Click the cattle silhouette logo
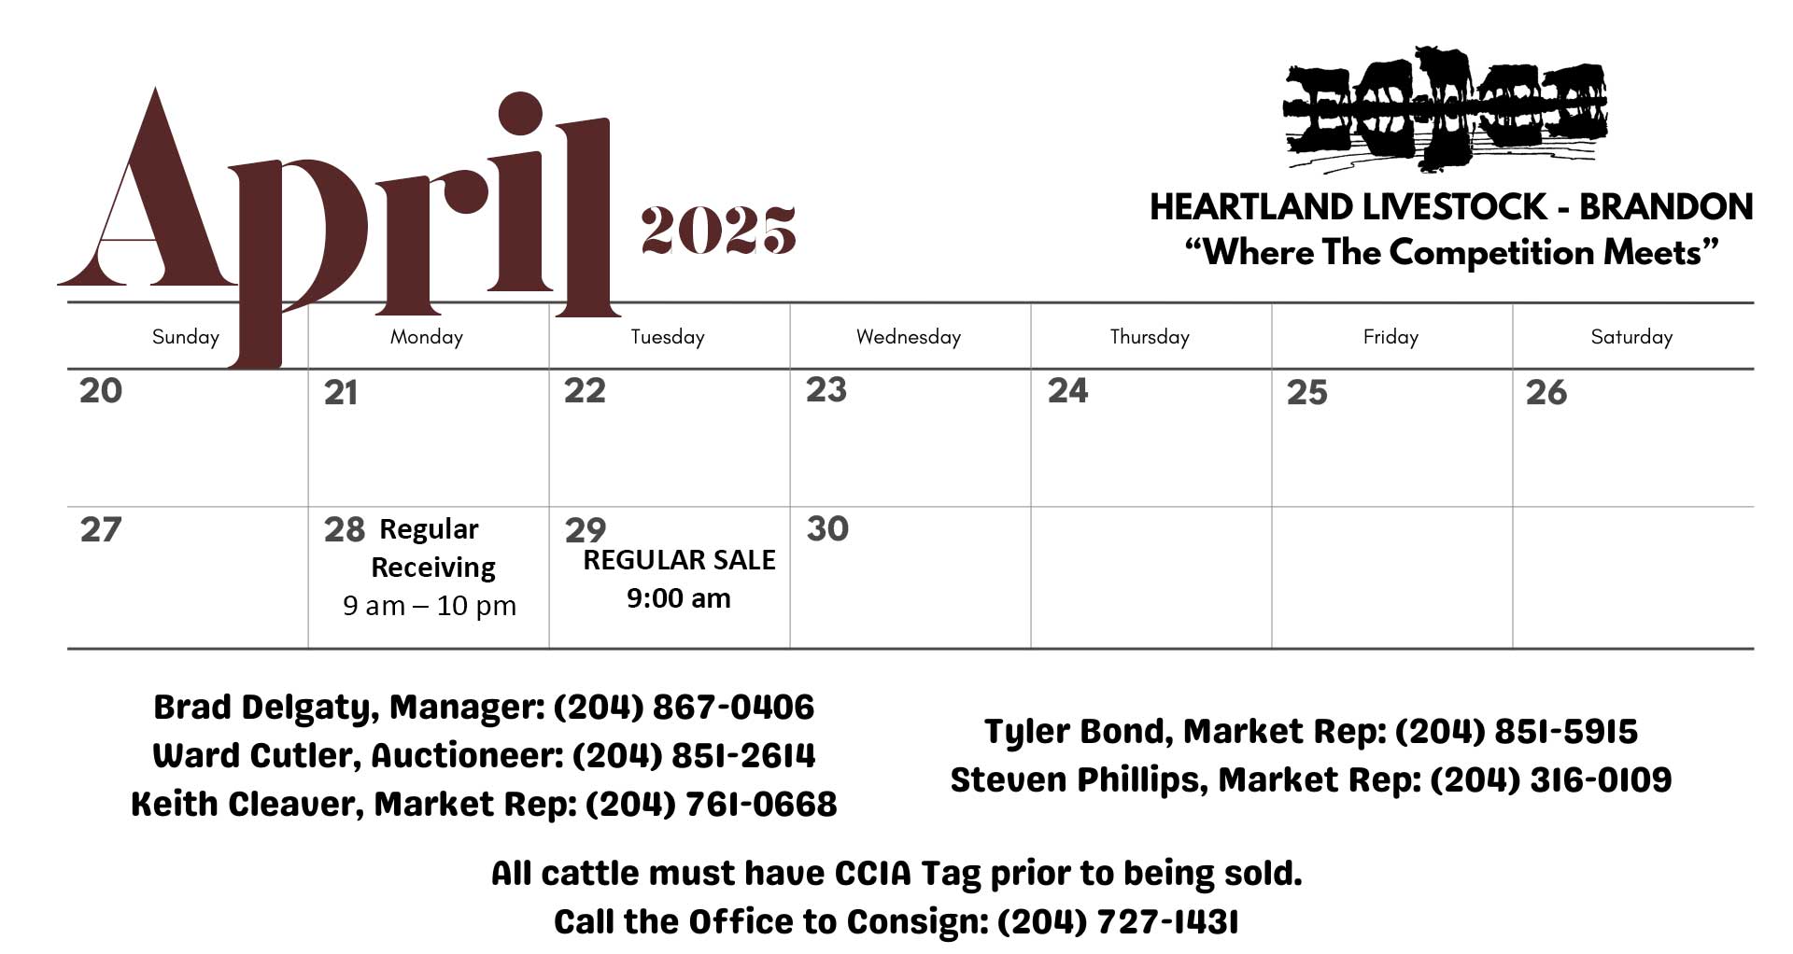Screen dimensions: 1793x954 [1446, 109]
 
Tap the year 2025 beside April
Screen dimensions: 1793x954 [717, 230]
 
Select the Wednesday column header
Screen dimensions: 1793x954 [909, 337]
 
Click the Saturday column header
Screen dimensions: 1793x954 [1631, 337]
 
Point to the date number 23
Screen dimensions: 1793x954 [826, 389]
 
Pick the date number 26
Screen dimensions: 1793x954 [1546, 392]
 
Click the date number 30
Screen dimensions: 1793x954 [827, 528]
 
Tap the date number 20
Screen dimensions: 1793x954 [101, 390]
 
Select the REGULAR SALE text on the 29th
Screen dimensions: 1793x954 [679, 560]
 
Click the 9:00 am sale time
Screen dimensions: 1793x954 [679, 598]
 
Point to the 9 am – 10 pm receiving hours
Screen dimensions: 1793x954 [430, 606]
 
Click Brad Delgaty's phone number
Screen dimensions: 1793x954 [684, 707]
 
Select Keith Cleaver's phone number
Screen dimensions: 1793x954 [711, 804]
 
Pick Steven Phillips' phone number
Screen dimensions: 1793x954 [1551, 779]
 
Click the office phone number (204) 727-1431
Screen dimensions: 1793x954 [1118, 921]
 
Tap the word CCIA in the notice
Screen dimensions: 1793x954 [872, 874]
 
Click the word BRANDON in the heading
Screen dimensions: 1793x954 [1666, 207]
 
